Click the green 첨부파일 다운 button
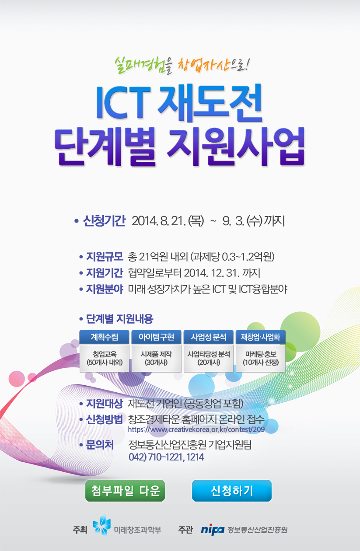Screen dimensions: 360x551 (125, 491)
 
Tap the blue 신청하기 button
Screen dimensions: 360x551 (231, 491)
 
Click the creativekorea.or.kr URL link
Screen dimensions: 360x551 (196, 429)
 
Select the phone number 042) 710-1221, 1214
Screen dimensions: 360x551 (166, 457)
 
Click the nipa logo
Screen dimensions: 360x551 (213, 529)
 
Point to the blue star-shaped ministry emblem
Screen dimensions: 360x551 (101, 525)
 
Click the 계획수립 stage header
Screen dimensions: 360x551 (105, 337)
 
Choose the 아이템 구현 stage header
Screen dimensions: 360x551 (156, 337)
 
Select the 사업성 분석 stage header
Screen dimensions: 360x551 (208, 337)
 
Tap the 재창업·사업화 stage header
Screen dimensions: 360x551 (261, 337)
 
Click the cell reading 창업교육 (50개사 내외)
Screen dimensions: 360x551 (105, 358)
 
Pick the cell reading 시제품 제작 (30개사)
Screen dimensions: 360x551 (156, 358)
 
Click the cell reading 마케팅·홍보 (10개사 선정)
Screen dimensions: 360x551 (261, 358)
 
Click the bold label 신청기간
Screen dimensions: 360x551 (104, 221)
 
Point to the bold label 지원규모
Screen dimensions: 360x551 (105, 257)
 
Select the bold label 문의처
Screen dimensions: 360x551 (100, 445)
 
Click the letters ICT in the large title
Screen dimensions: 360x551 (123, 102)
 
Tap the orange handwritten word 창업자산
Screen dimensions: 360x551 (203, 65)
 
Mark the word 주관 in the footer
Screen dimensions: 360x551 (185, 530)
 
